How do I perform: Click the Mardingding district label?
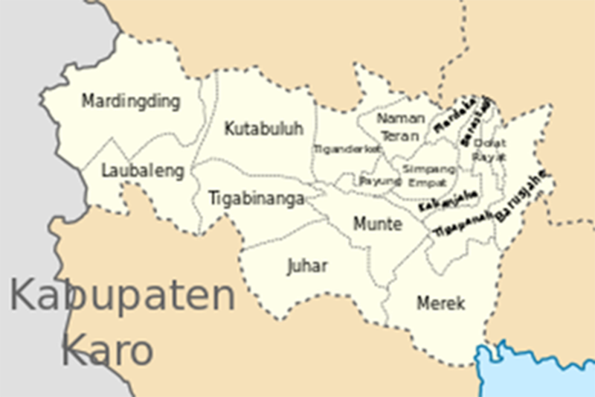(131, 101)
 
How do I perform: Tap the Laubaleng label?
(142, 171)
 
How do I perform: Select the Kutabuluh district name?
(264, 129)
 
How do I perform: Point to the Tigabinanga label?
(256, 199)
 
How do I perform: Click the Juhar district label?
(307, 266)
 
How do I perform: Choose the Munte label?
(378, 223)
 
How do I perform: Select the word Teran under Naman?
(401, 136)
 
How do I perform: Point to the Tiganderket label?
(347, 149)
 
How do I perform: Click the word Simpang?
(425, 168)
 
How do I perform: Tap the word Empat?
(425, 182)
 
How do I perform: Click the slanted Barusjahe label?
(523, 196)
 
